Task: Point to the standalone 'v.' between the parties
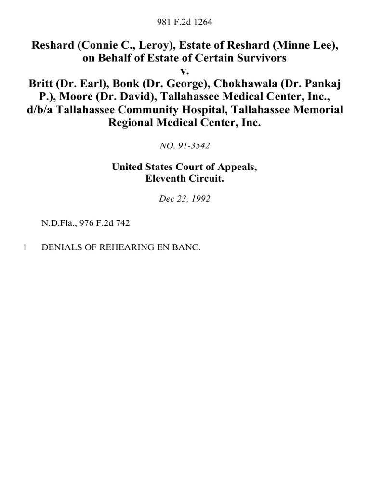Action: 185,71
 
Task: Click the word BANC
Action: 184,247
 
